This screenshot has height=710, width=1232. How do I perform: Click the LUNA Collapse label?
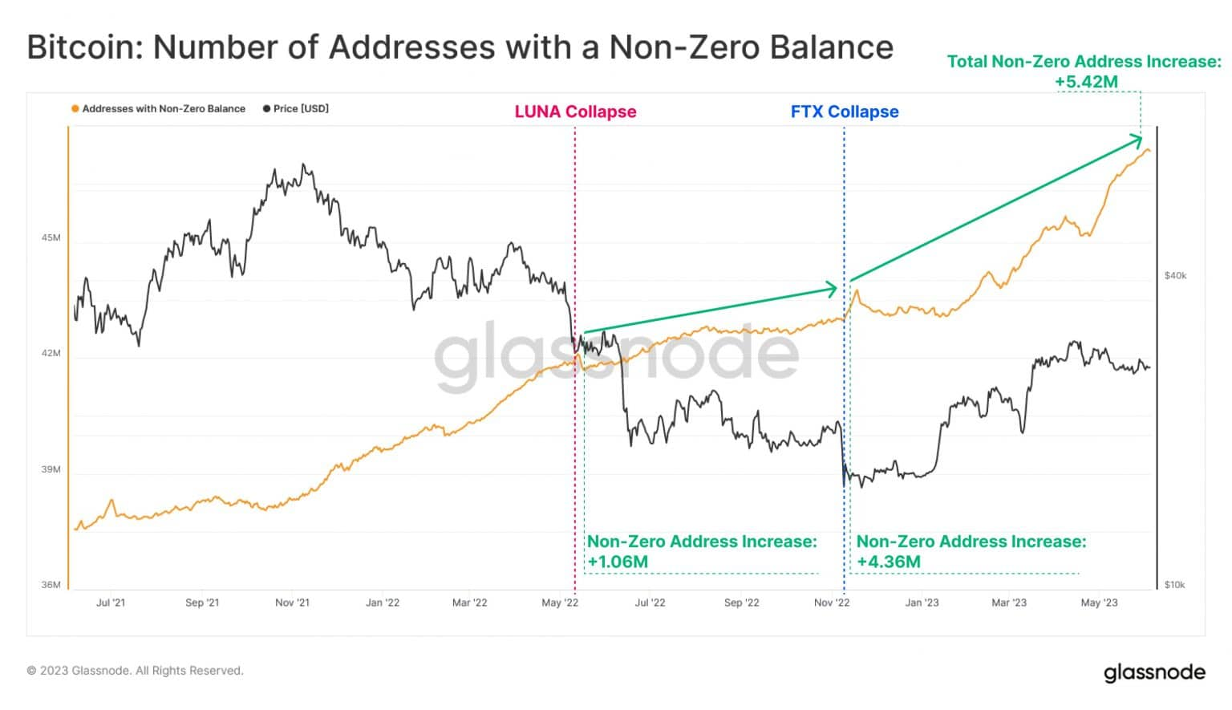tap(575, 112)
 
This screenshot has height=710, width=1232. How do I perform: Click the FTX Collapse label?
tap(844, 112)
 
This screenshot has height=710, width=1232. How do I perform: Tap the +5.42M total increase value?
tap(1085, 82)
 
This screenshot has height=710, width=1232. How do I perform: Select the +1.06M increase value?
tap(618, 562)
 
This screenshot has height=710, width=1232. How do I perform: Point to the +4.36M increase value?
tap(888, 562)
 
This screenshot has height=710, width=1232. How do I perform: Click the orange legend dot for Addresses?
tap(75, 109)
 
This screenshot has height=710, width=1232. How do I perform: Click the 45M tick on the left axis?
tap(51, 237)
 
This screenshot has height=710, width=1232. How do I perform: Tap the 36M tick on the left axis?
tap(51, 585)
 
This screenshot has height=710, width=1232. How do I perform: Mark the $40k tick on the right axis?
tap(1175, 276)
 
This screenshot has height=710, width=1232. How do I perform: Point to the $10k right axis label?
tap(1174, 585)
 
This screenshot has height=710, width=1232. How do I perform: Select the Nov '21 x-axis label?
tap(292, 602)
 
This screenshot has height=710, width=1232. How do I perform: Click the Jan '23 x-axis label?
tap(922, 602)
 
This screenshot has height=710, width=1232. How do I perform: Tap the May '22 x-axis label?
tap(559, 602)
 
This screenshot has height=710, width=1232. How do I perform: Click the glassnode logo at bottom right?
tap(1153, 671)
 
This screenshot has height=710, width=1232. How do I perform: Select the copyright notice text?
tap(135, 671)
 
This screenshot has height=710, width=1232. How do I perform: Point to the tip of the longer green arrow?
tap(1141, 139)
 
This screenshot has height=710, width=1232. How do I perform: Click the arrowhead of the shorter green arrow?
tap(834, 289)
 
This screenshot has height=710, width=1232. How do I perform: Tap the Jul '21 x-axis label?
tap(111, 602)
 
